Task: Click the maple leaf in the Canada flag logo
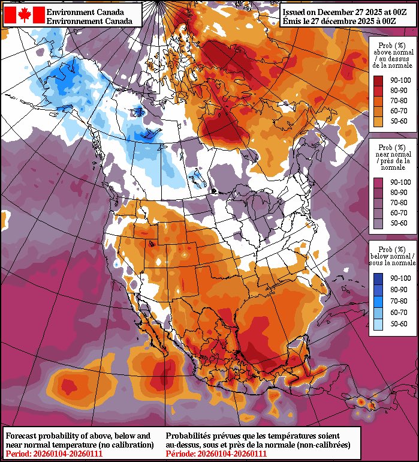click(x=25, y=15)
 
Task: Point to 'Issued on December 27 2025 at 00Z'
click(x=333, y=11)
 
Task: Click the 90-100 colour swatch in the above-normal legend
click(x=379, y=79)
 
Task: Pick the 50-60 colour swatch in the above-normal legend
click(x=379, y=122)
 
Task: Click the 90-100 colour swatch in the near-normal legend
click(x=379, y=181)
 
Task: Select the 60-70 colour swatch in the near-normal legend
click(x=379, y=213)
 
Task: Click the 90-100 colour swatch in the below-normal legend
click(x=379, y=279)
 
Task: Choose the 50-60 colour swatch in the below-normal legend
click(x=379, y=324)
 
